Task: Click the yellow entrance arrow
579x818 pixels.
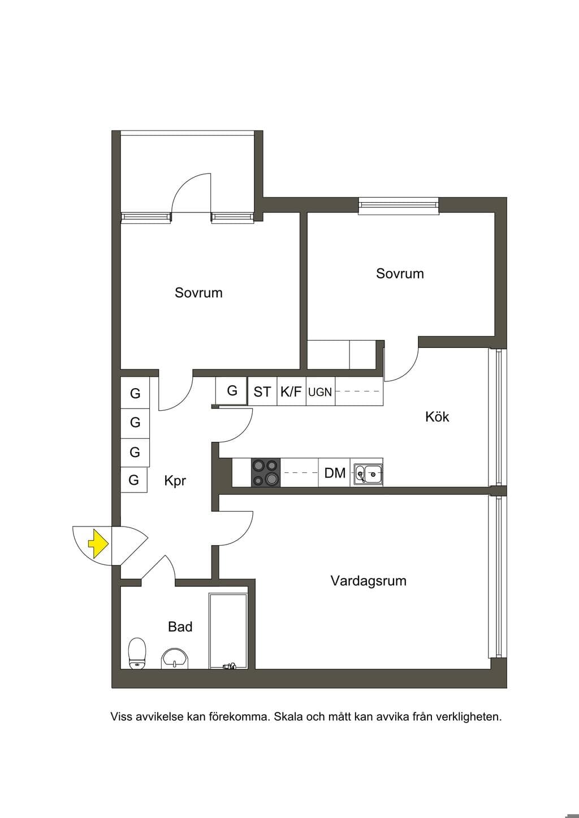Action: (x=98, y=544)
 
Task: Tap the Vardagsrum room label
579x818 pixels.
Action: (x=369, y=581)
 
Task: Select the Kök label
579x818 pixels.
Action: (x=437, y=417)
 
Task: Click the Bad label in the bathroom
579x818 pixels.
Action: (x=180, y=626)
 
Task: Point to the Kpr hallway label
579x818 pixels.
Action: (x=175, y=481)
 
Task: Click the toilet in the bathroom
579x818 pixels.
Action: (x=137, y=653)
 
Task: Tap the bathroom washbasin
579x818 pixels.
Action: (x=175, y=659)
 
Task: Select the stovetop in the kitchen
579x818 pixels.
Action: (x=266, y=472)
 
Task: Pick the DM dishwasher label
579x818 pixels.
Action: (x=335, y=473)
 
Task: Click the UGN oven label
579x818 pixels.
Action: (x=320, y=392)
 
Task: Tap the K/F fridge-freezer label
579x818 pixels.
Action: (x=291, y=391)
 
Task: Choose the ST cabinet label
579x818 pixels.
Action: (x=262, y=392)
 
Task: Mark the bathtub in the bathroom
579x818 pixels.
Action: (x=228, y=631)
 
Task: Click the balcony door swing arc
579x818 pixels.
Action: (x=186, y=186)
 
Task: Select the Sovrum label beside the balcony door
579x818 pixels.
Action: (x=198, y=293)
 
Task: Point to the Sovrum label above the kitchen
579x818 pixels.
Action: (x=400, y=273)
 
